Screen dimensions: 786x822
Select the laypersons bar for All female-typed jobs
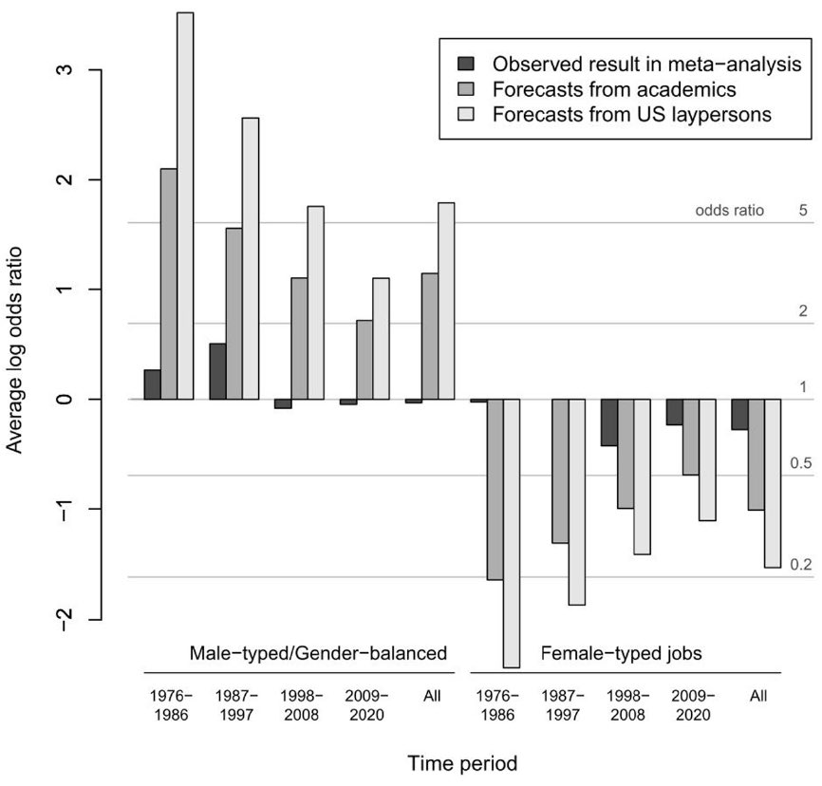[x=772, y=483]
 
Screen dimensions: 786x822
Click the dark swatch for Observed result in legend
[x=465, y=65]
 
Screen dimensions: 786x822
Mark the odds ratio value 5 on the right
[x=802, y=211]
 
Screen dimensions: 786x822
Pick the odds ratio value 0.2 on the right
[x=801, y=565]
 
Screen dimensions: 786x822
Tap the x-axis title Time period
[x=462, y=762]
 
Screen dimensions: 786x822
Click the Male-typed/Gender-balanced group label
[x=318, y=654]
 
